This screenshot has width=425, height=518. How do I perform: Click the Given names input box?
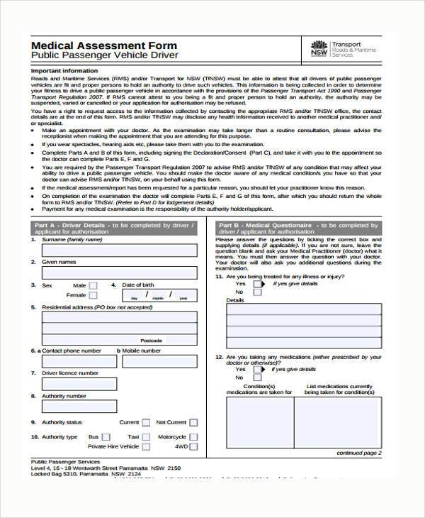[x=120, y=273]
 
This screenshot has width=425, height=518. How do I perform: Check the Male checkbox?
[x=93, y=285]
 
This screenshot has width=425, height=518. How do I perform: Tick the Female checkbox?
[x=93, y=295]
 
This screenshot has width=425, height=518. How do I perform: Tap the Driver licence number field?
[x=120, y=384]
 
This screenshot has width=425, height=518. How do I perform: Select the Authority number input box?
[x=120, y=407]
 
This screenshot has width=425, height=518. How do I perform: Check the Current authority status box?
[x=145, y=422]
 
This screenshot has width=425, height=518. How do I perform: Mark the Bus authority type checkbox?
[x=106, y=437]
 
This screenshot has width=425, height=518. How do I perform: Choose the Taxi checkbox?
[x=145, y=437]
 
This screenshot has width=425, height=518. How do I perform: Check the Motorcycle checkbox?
[x=193, y=437]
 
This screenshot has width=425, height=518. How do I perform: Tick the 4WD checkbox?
[x=193, y=447]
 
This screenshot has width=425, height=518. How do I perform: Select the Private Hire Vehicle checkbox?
[x=145, y=447]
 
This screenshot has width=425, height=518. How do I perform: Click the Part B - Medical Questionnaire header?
[x=297, y=228]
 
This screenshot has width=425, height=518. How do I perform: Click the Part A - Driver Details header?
[x=113, y=228]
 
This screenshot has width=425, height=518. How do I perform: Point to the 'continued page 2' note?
[x=358, y=452]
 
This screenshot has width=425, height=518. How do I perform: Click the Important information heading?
[x=64, y=71]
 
